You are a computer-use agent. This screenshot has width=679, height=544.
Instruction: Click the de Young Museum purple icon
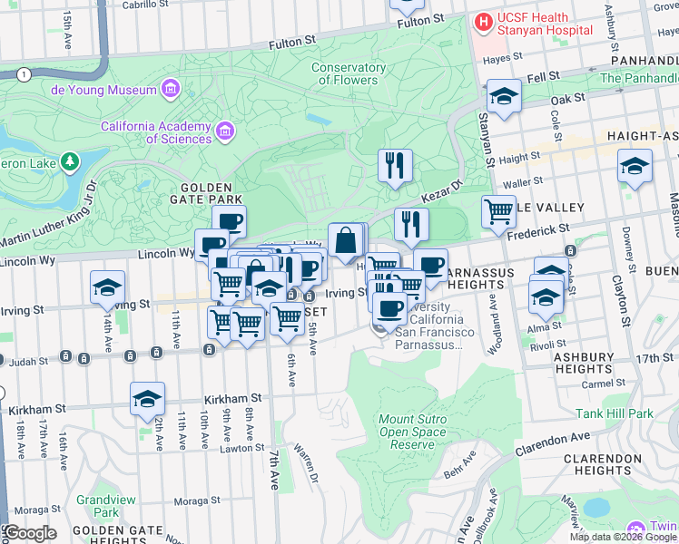coord(170,89)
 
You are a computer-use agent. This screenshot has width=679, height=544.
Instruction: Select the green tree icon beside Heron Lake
coord(69,161)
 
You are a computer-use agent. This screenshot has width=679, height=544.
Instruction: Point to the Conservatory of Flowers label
coord(349,73)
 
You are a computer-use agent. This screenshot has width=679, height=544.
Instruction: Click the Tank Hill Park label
coord(615,413)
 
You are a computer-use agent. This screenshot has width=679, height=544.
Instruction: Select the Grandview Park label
coord(97,506)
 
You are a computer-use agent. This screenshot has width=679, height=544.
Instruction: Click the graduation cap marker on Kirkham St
coord(147,398)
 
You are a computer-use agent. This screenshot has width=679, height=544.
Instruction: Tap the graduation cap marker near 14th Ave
coord(107,287)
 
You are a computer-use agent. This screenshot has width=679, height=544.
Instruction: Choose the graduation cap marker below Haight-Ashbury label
coord(635,166)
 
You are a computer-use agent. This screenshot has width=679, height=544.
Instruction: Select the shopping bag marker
coord(346,241)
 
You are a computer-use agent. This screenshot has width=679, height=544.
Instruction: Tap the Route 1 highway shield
coord(24,73)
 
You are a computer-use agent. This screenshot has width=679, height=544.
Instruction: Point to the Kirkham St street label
coord(232,398)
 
